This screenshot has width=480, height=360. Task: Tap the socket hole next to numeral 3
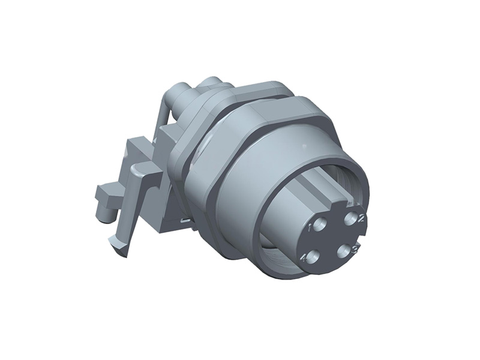pos(343,251)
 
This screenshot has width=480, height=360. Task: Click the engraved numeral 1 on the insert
pos(310,228)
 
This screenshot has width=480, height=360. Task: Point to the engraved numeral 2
pos(361,218)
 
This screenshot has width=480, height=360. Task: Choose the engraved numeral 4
pos(304,259)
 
